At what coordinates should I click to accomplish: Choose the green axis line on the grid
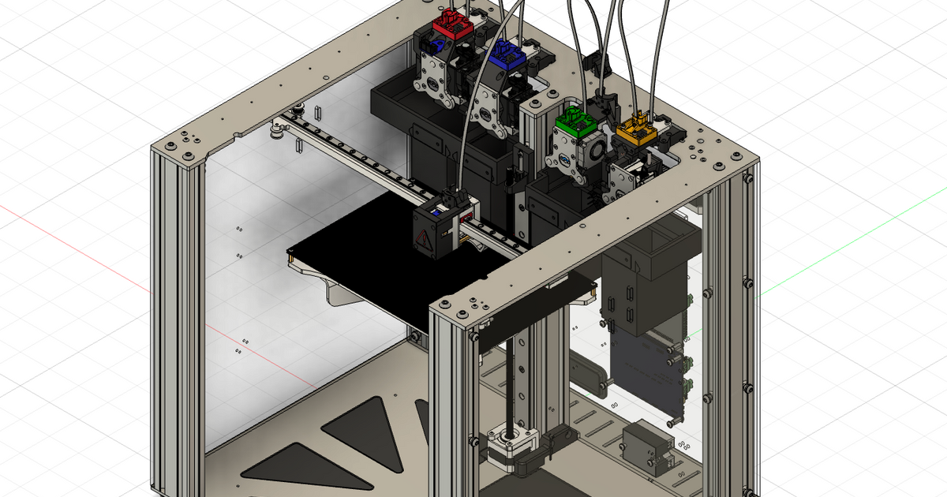pos(852,237)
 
